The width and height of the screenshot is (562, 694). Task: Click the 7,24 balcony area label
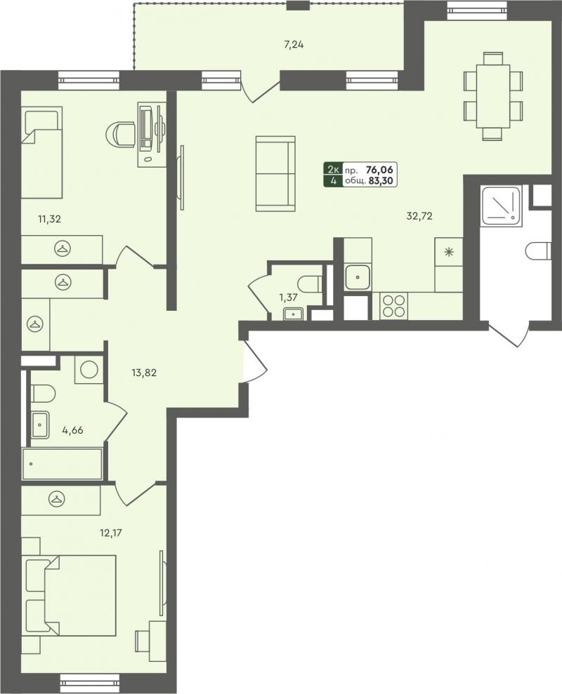[293, 45]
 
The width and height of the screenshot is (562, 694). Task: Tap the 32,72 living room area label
[419, 216]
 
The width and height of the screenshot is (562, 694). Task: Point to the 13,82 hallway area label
[144, 373]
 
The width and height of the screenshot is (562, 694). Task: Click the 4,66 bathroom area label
[72, 429]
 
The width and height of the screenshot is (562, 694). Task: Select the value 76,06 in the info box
[379, 169]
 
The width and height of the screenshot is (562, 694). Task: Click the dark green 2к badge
[333, 169]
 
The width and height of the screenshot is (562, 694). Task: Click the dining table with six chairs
[493, 95]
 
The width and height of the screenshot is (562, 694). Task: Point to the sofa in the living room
[275, 173]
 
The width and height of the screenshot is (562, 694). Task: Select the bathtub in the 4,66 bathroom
[62, 463]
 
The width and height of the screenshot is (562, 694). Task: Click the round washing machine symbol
[89, 369]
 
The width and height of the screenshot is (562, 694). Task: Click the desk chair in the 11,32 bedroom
[121, 133]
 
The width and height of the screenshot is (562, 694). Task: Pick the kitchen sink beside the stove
[358, 276]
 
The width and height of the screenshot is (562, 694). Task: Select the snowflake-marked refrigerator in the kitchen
[449, 252]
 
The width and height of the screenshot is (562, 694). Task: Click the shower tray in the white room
[502, 204]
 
